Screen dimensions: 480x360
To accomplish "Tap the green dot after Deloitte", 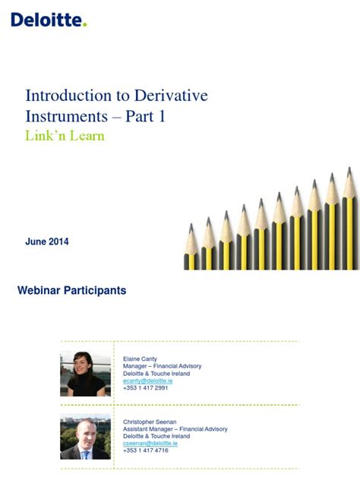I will pyautogui.click(x=85, y=24).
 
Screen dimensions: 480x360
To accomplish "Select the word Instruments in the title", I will pyautogui.click(x=66, y=117).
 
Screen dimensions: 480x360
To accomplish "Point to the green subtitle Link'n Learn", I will pyautogui.click(x=65, y=136).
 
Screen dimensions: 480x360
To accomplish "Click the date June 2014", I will pyautogui.click(x=47, y=242).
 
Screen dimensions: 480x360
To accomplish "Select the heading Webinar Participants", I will pyautogui.click(x=71, y=290).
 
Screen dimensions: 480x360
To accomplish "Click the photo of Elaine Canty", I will pyautogui.click(x=85, y=374).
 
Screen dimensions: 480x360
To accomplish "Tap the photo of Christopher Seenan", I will pyautogui.click(x=85, y=438).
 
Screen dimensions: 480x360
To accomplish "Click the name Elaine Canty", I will pyautogui.click(x=140, y=358).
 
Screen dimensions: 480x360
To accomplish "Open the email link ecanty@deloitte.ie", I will pyautogui.click(x=147, y=381).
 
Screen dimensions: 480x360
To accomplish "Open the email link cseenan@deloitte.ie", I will pyautogui.click(x=150, y=443).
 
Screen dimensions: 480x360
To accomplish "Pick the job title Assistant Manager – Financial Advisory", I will pyautogui.click(x=175, y=428).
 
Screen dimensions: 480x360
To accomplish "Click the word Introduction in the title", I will pyautogui.click(x=69, y=96).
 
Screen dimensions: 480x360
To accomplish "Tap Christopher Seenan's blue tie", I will pyautogui.click(x=87, y=453).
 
